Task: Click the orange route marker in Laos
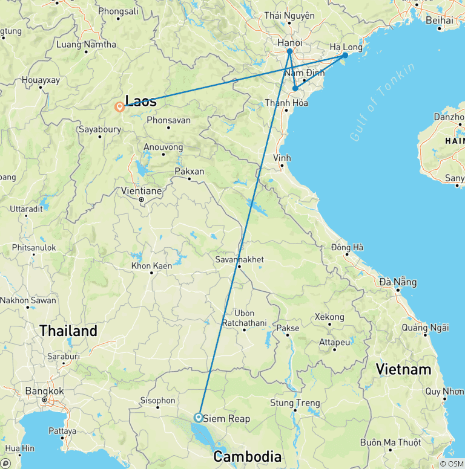pos(120,108)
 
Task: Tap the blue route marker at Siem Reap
pos(198,417)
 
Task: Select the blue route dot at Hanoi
pos(290,51)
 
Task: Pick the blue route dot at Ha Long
pos(345,55)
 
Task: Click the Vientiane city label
pos(140,190)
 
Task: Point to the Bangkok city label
pos(44,391)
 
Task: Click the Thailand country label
pos(68,331)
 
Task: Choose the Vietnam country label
pos(403,369)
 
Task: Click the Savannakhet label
pos(239,259)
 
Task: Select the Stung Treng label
pos(295,403)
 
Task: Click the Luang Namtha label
pos(85,44)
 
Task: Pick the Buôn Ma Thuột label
pos(390,442)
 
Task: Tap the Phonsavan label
pos(168,120)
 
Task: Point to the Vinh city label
pos(282,158)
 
